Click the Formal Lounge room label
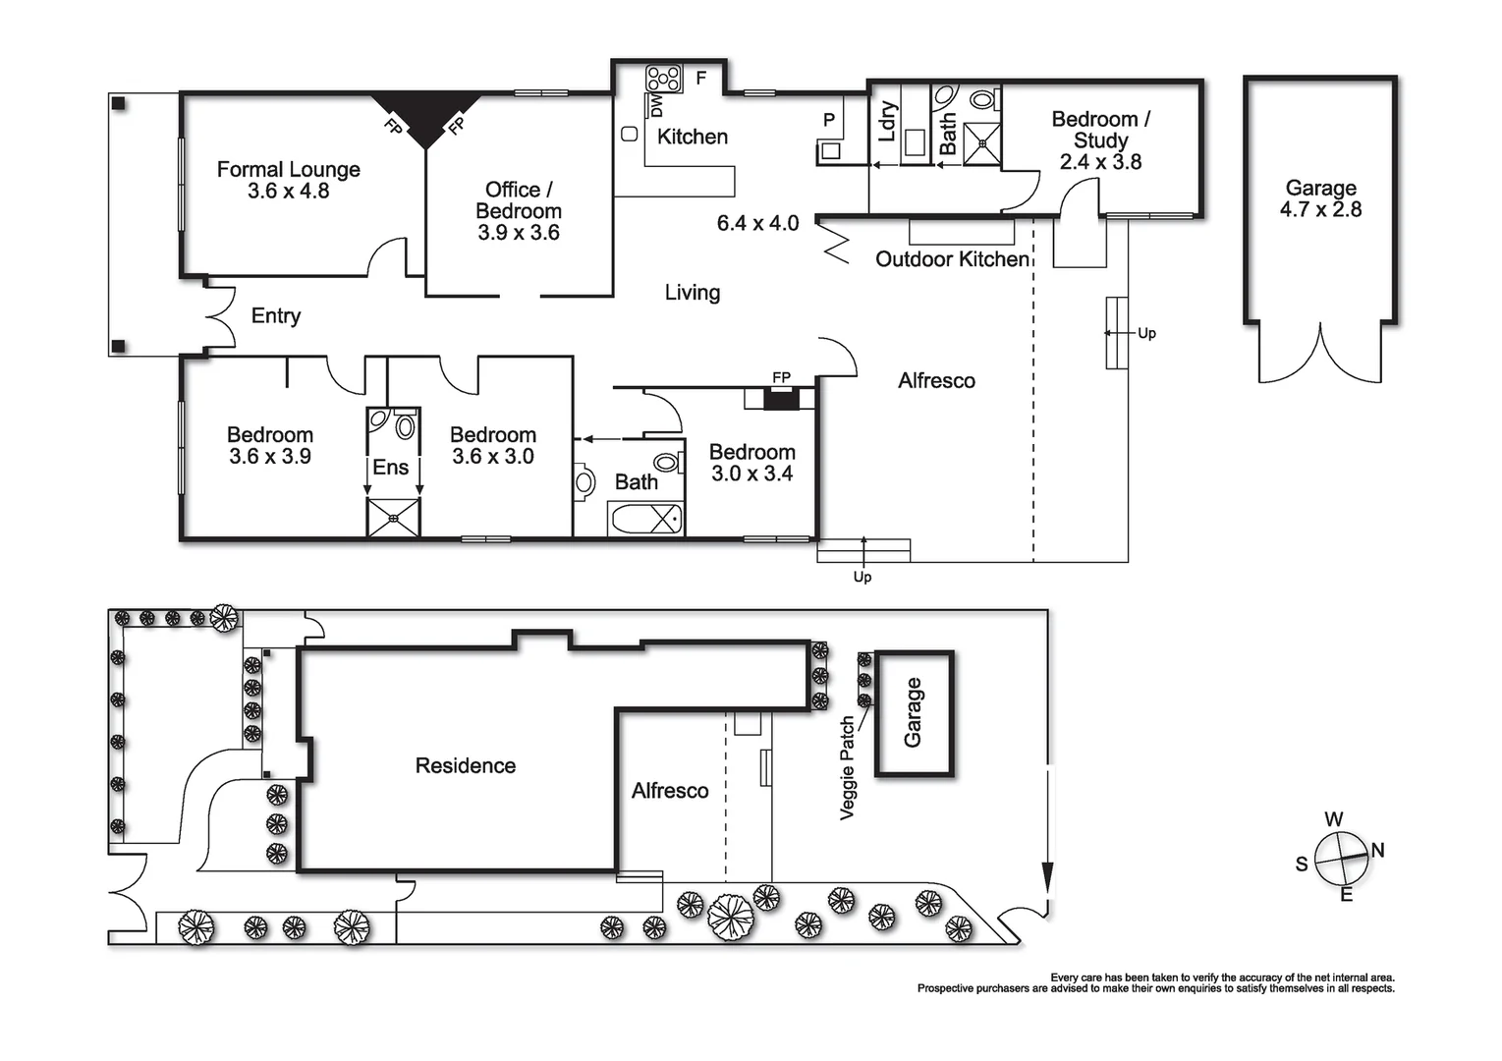[x=288, y=170]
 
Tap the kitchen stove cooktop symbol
[x=664, y=79]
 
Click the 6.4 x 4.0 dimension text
[x=757, y=224]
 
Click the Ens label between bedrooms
[x=390, y=468]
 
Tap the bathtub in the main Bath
[x=645, y=519]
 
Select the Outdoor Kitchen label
[x=952, y=259]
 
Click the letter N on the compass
[x=1377, y=851]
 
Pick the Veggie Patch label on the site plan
[x=848, y=767]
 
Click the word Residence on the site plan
[x=465, y=766]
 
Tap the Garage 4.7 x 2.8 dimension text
[x=1320, y=209]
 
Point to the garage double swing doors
[x=1321, y=354]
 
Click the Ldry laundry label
[x=887, y=122]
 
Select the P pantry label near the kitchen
[x=829, y=120]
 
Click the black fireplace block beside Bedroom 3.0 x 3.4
[x=781, y=399]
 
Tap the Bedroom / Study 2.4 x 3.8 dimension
[x=1100, y=162]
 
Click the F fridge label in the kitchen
[x=701, y=78]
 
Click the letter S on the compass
[x=1302, y=865]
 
